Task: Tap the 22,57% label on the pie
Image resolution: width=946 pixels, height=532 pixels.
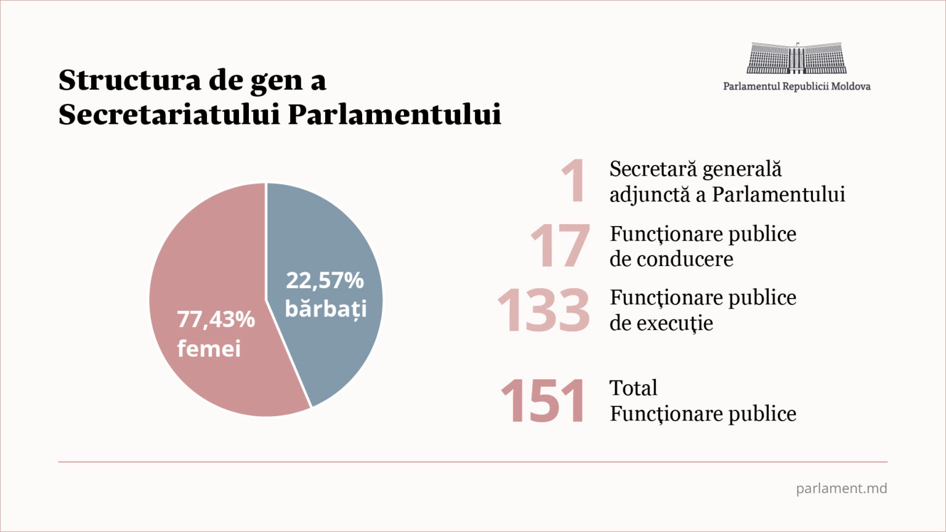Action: coord(325,280)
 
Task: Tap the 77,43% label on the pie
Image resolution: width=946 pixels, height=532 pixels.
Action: coord(216,319)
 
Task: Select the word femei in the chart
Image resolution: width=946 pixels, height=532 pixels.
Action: coord(209,349)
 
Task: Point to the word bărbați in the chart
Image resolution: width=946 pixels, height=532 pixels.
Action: coord(325,308)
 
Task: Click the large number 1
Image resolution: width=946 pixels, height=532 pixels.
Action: coord(574,181)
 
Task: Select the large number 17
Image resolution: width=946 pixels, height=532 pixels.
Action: coord(559,246)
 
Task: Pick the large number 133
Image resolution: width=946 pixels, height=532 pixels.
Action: coord(543,310)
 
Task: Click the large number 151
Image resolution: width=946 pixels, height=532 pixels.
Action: coord(543,401)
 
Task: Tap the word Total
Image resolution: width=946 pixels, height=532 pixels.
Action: coord(633,388)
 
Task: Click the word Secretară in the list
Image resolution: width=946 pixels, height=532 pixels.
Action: coord(653,169)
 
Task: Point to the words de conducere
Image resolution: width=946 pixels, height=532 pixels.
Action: coord(671,259)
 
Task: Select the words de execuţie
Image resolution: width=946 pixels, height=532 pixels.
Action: coord(661,323)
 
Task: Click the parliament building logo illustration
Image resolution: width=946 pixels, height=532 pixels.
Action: coord(796,58)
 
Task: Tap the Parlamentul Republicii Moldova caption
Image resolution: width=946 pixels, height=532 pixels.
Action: coord(796,86)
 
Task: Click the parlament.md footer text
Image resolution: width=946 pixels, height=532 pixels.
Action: coord(841,488)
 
